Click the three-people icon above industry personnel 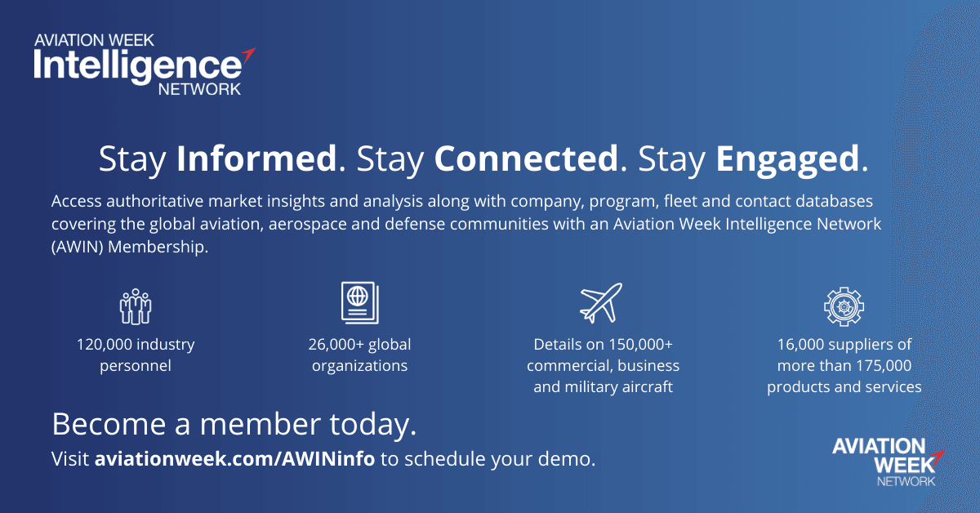coord(136,306)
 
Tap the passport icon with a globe coord(360,303)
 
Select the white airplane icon coord(601,303)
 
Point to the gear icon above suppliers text coord(844,306)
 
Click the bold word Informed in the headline coord(256,158)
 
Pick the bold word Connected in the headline coord(526,158)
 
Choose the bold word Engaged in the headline coord(787,161)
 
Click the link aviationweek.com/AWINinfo coord(235,459)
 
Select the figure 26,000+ coord(336,345)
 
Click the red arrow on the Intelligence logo coord(248,55)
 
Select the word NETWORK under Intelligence coord(199,89)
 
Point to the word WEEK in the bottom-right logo coord(904,465)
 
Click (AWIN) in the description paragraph coord(78,247)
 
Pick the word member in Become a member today coord(261,424)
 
